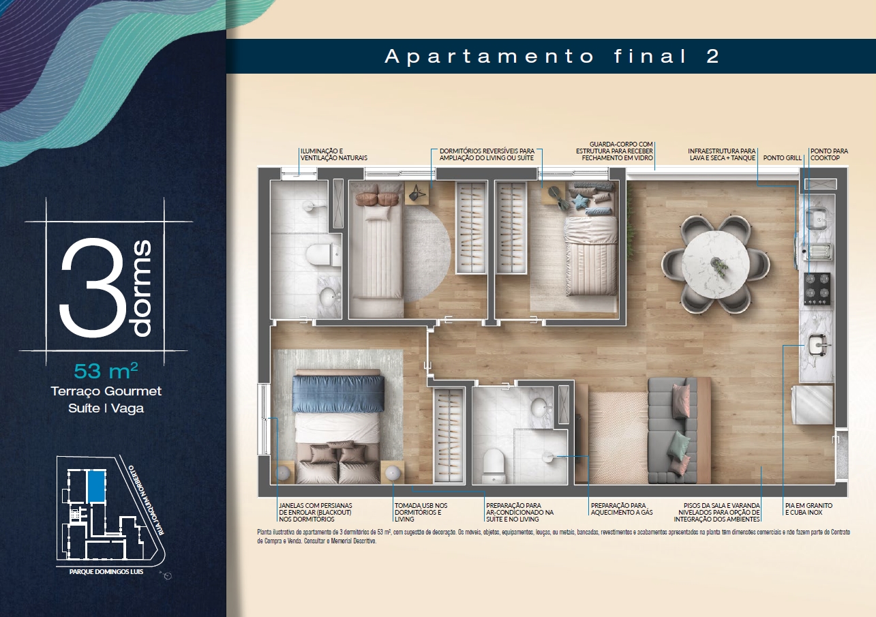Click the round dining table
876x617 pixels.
coord(716,265)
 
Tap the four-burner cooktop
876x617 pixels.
coord(817,289)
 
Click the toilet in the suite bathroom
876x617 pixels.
coord(494,466)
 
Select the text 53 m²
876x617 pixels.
coord(106,371)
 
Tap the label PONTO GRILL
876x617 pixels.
coord(783,158)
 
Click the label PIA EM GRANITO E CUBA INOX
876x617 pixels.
coord(809,509)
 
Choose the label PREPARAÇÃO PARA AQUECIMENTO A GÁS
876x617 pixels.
coord(622,509)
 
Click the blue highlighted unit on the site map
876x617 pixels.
coord(97,486)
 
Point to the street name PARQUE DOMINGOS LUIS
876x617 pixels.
coord(106,571)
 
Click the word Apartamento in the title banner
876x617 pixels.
coord(489,57)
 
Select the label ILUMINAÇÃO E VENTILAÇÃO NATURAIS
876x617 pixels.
coord(333,155)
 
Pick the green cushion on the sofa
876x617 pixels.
coord(678,445)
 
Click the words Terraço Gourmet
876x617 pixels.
coord(106,391)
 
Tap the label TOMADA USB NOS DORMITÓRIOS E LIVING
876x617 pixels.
coord(421,512)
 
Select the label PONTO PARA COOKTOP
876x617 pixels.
coord(829,155)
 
